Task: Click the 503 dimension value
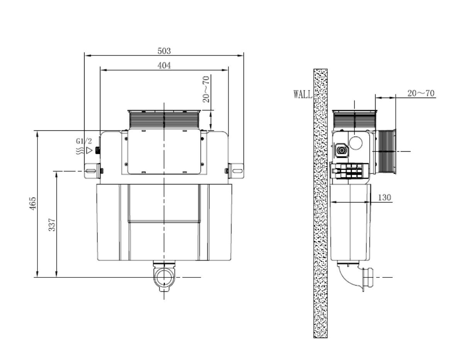click(x=164, y=51)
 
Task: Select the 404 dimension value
click(x=164, y=65)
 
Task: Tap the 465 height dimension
click(x=33, y=204)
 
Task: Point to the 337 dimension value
click(x=52, y=225)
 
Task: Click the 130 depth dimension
click(x=384, y=198)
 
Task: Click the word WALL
click(x=303, y=94)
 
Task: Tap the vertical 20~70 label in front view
click(x=207, y=89)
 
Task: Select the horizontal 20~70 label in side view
click(x=421, y=93)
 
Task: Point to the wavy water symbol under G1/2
click(x=80, y=150)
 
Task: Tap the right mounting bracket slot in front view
click(x=236, y=171)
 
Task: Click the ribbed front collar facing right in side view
click(x=386, y=151)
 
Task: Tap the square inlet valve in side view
click(x=341, y=150)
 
